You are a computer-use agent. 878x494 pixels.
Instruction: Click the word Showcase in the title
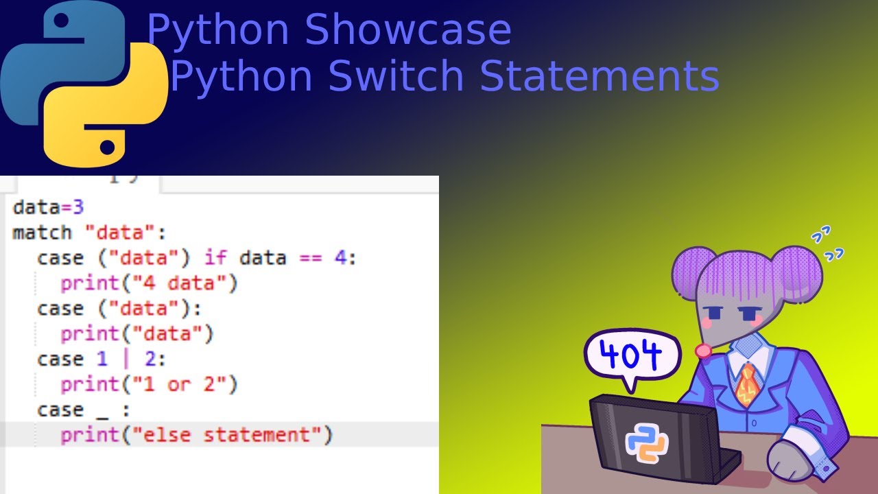coord(408,30)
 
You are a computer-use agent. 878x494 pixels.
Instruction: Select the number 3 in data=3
coord(78,207)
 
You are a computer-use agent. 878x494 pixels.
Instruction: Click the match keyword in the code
coord(42,233)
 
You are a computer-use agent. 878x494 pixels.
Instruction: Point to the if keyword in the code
coord(215,258)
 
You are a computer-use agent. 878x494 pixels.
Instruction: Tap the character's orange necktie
coord(746,385)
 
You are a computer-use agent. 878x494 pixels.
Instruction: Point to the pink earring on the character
coord(703,351)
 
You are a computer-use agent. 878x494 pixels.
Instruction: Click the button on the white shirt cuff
coord(826,468)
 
